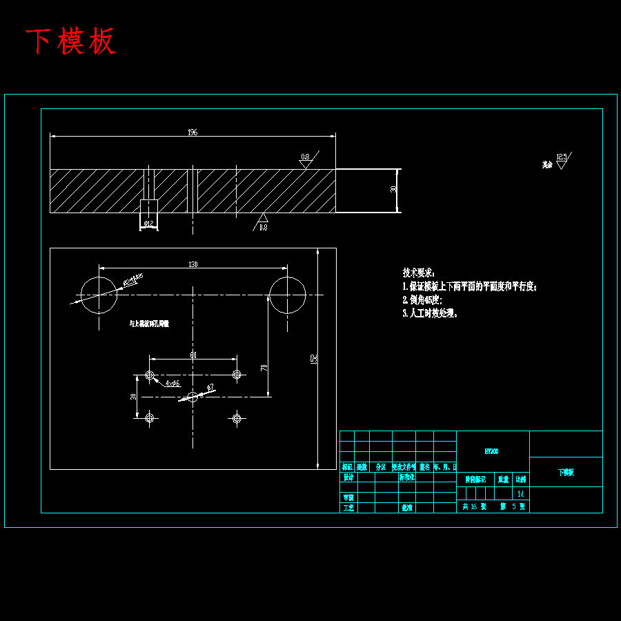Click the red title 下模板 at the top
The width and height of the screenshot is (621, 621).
(x=70, y=42)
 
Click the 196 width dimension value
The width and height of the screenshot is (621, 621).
(x=193, y=132)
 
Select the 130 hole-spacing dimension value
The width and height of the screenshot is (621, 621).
(x=193, y=264)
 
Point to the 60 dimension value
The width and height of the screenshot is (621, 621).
(x=193, y=355)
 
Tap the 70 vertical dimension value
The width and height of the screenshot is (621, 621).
(x=264, y=368)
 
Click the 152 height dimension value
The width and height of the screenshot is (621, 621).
(x=313, y=359)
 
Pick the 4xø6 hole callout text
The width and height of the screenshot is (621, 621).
(x=172, y=383)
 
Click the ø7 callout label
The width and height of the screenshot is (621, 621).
(x=210, y=387)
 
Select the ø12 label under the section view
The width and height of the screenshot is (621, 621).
(x=148, y=224)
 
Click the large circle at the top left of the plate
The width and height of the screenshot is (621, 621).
(x=99, y=295)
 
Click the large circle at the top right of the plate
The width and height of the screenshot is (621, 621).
(x=287, y=295)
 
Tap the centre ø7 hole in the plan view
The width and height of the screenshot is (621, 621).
(x=193, y=397)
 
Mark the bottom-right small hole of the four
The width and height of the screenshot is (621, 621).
(x=237, y=417)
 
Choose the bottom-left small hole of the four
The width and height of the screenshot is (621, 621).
(x=150, y=417)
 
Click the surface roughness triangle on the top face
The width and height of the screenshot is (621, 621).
(x=305, y=163)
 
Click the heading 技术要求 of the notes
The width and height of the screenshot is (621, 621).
(x=419, y=273)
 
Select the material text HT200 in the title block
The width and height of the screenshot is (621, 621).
(x=492, y=451)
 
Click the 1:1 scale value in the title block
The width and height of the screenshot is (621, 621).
(x=520, y=493)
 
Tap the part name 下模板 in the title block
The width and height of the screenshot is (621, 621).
(x=566, y=473)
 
